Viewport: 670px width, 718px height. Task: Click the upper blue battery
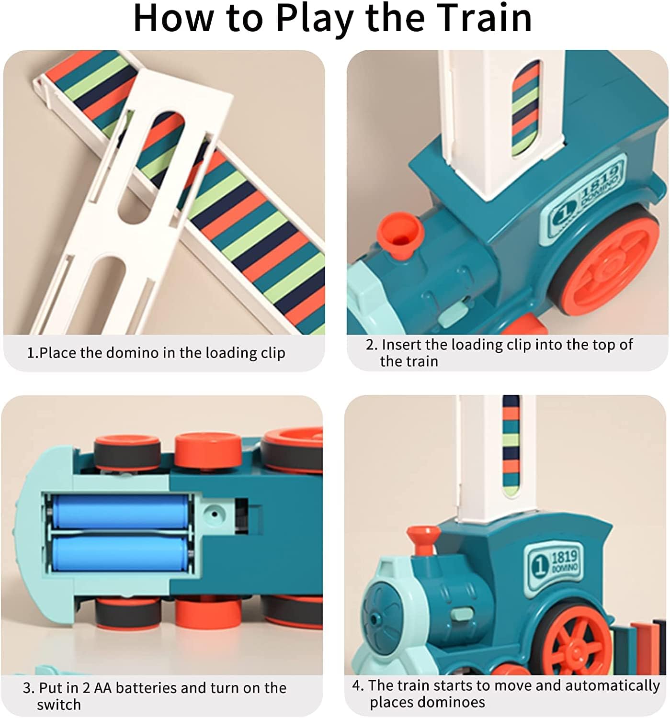coord(120,511)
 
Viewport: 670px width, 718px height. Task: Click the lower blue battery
coord(120,553)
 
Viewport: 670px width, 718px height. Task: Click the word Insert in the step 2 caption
coord(401,345)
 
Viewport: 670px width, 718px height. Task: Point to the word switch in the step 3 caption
coord(58,705)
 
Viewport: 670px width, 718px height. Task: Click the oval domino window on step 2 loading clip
coord(525,108)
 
